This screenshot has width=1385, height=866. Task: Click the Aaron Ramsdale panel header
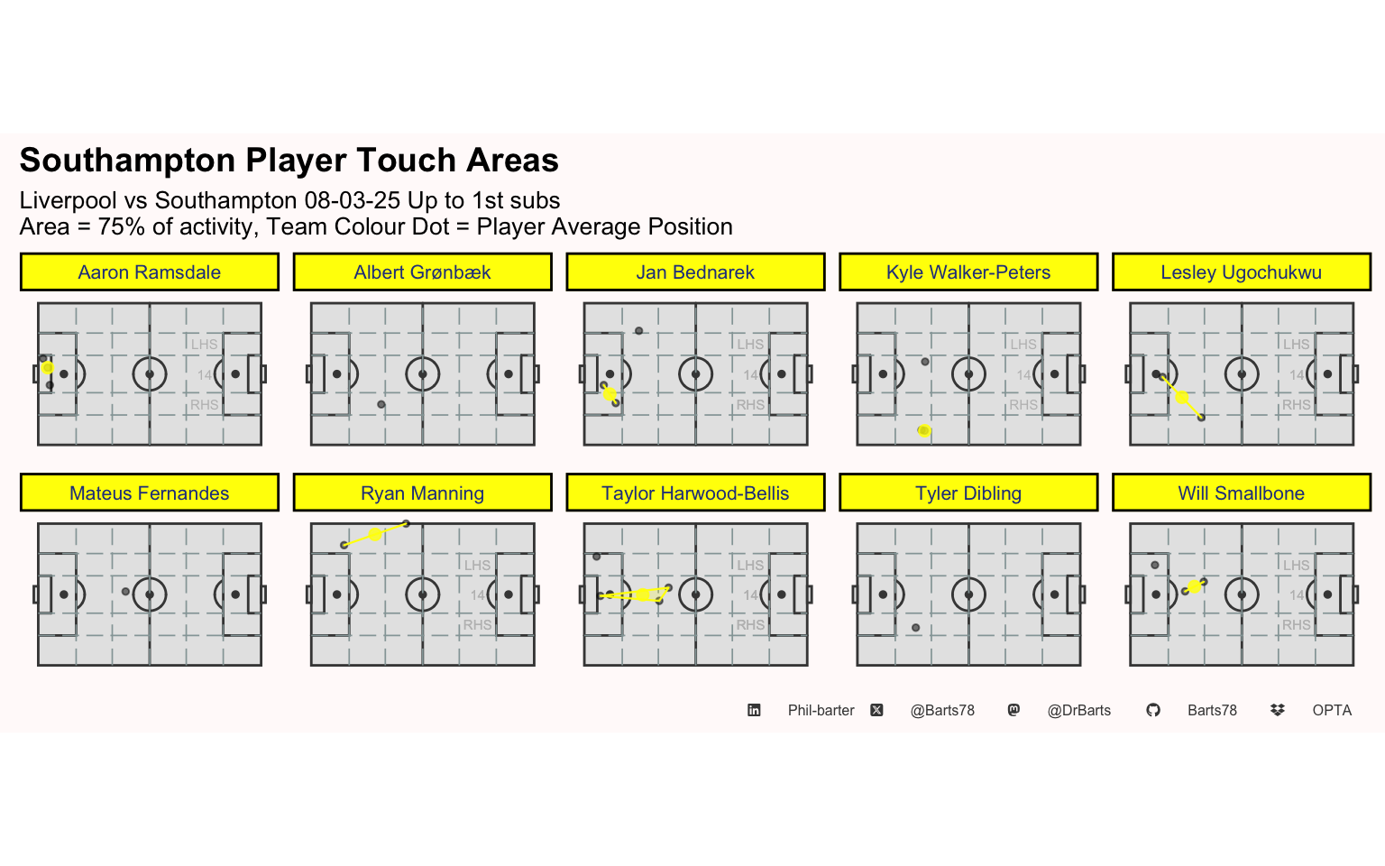click(x=149, y=272)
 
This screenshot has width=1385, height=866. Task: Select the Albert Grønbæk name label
click(x=422, y=272)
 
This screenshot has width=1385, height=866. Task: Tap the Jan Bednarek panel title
click(x=695, y=272)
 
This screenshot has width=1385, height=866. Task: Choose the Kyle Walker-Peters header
click(x=968, y=272)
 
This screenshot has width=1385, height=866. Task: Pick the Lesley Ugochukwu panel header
click(x=1242, y=272)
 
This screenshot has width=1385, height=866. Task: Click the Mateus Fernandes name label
click(x=149, y=493)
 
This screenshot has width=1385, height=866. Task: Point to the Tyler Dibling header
click(x=968, y=493)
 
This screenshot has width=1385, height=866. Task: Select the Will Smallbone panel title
click(x=1242, y=493)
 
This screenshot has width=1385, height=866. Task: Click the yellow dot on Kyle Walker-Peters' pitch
click(x=924, y=430)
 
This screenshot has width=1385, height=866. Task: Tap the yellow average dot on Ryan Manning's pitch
click(x=375, y=534)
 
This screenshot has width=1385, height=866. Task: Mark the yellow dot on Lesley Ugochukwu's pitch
click(x=1182, y=397)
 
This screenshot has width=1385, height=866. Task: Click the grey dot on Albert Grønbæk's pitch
click(x=381, y=404)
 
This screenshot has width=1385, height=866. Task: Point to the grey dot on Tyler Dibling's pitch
click(x=916, y=628)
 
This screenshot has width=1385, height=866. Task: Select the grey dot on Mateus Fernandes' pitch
click(x=125, y=592)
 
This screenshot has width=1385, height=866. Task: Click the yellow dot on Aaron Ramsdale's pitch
click(x=48, y=368)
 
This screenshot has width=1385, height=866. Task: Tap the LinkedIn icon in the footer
click(x=754, y=710)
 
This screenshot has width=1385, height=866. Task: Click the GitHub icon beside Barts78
click(x=1153, y=710)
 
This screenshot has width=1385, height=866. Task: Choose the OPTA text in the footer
click(x=1332, y=710)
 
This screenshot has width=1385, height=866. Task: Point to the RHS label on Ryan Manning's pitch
click(x=477, y=625)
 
